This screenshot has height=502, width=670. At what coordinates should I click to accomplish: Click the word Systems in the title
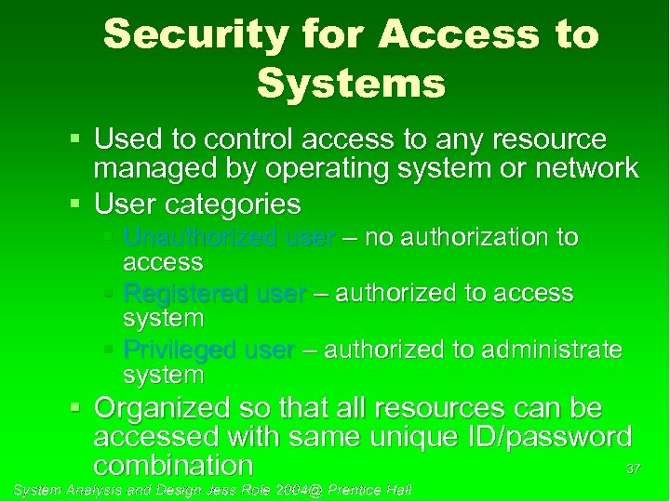point(351,84)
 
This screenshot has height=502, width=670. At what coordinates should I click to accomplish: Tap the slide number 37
point(634,469)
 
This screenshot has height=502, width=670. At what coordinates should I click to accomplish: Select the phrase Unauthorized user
point(228,238)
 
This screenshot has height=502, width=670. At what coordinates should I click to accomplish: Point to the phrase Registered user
point(214,294)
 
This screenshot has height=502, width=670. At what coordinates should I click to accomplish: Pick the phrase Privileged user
point(209,350)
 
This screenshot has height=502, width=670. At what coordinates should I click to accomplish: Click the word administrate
point(549,350)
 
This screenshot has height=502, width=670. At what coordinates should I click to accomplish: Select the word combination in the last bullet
point(173,464)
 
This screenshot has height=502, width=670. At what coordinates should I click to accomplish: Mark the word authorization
point(472,238)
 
